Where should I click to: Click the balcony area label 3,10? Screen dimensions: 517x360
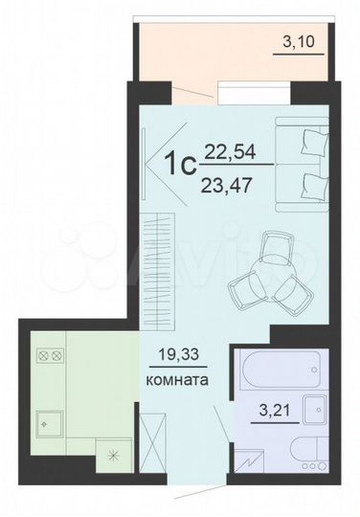(x=298, y=42)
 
